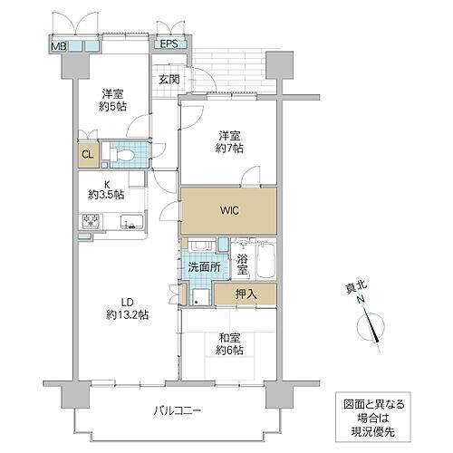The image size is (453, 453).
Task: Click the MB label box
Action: (58, 44)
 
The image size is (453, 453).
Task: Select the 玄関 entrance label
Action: (169, 79)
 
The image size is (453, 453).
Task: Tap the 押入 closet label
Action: (245, 294)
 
